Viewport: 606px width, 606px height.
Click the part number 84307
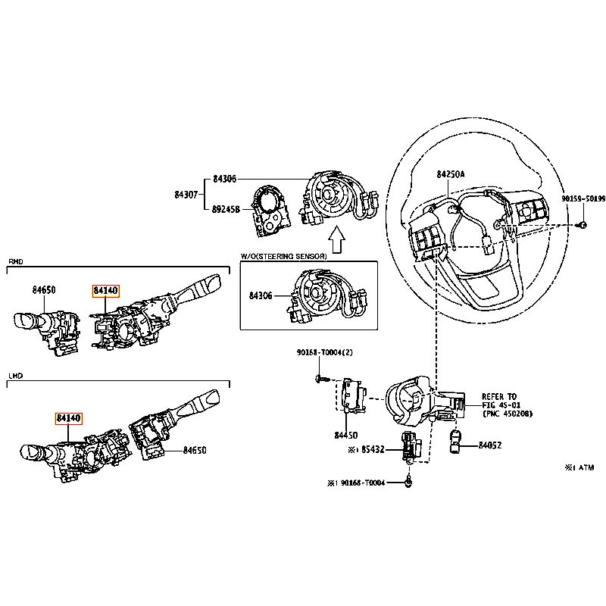185,195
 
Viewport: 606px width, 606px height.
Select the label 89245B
226,211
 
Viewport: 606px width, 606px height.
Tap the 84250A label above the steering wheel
451,174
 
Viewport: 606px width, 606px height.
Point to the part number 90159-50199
583,198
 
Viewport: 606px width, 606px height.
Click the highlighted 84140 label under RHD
106,290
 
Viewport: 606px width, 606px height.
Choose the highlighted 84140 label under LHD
67,418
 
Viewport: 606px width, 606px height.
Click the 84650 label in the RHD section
44,289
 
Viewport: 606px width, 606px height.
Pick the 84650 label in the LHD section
195,450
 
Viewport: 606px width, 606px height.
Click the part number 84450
346,436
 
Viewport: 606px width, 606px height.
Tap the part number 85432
373,449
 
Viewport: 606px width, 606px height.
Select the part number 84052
490,445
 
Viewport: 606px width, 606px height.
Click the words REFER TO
499,396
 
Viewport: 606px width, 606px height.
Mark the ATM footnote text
579,468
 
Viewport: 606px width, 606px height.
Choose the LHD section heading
15,375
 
